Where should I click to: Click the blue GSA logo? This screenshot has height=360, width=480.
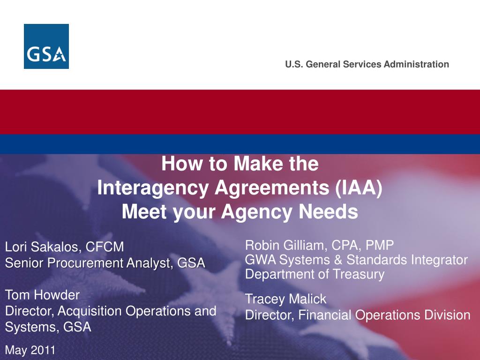[x=46, y=46]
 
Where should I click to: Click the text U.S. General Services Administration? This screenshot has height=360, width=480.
[x=367, y=65]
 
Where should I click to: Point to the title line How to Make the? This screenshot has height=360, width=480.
[x=240, y=164]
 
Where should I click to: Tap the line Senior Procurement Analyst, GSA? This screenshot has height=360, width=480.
[x=105, y=263]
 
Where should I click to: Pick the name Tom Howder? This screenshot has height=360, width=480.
[x=42, y=295]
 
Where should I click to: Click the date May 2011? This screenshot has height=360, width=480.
[x=30, y=350]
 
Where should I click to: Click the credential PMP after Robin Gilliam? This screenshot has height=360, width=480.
[x=380, y=245]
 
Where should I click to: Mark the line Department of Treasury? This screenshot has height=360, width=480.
[x=315, y=274]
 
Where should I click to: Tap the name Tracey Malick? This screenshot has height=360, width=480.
[x=285, y=299]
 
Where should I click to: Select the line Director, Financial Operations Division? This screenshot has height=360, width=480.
[x=358, y=315]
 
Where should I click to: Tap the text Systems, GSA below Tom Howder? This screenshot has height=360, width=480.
[x=48, y=327]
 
